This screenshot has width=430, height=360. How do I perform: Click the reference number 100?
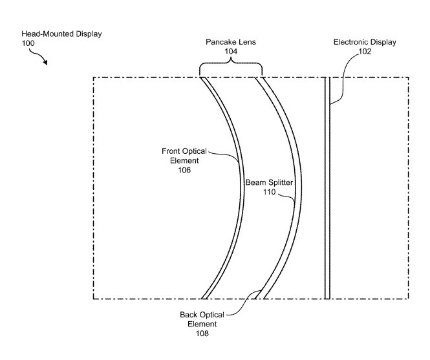pos(28,43)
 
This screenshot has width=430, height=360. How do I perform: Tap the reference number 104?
pos(231,52)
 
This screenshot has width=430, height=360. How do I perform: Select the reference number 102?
pos(365,52)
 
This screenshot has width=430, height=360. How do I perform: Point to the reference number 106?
pos(184,170)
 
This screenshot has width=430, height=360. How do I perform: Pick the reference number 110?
pos(269,192)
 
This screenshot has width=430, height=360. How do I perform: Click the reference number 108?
pos(202,334)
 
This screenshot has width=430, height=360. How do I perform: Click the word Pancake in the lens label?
pos(219,42)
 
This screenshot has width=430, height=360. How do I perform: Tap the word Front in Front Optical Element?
pos(171,151)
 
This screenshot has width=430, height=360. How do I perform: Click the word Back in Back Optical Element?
pos(188,315)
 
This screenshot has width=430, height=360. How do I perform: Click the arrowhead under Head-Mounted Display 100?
pos(45,63)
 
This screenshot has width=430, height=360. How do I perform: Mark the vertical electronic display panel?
pos(327,188)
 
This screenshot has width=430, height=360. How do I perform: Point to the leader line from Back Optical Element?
pos(244,302)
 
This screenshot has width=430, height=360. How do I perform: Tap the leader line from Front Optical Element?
pos(226,154)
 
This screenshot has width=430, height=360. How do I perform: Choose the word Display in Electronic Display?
pos(382,43)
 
